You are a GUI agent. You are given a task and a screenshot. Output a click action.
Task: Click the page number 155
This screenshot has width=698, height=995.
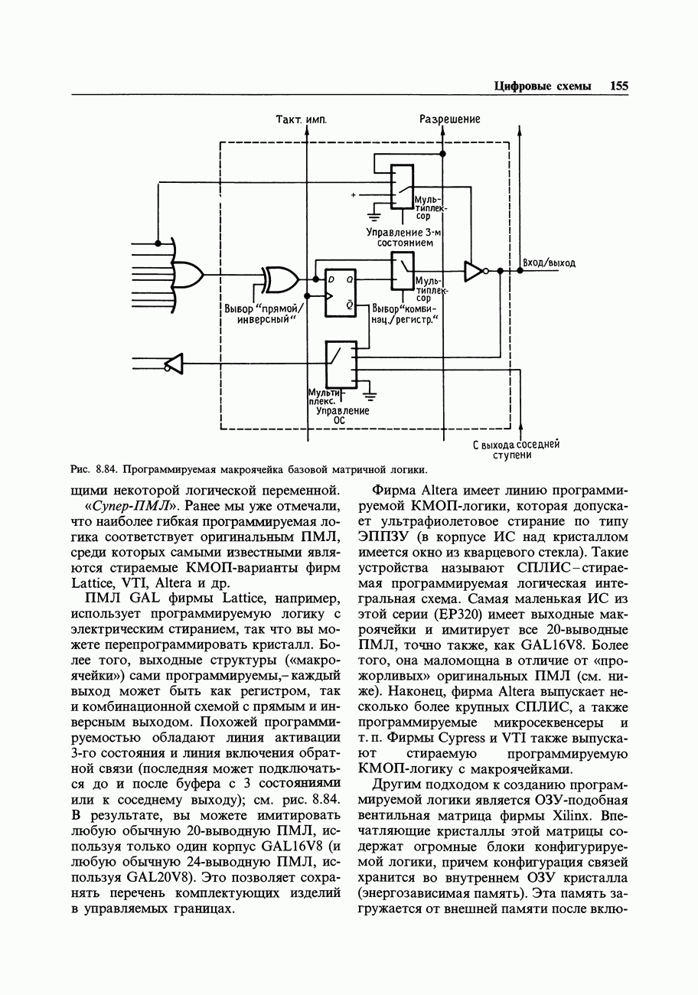pyautogui.click(x=618, y=86)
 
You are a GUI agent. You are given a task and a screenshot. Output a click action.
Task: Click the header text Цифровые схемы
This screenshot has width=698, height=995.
pyautogui.click(x=543, y=86)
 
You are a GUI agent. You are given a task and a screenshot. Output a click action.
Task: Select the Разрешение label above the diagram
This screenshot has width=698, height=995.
pyautogui.click(x=449, y=119)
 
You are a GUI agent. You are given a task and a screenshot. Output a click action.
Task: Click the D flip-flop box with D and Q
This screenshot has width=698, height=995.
pyautogui.click(x=340, y=292)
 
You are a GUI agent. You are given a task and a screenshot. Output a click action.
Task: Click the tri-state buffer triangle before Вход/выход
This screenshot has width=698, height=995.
pyautogui.click(x=475, y=270)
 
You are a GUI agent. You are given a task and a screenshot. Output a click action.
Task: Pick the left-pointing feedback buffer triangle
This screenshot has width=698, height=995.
pyautogui.click(x=174, y=364)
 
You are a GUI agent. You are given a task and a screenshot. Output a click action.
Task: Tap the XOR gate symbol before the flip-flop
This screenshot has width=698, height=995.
pyautogui.click(x=281, y=279)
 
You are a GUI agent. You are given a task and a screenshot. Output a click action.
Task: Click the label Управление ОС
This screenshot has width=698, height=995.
pyautogui.click(x=343, y=415)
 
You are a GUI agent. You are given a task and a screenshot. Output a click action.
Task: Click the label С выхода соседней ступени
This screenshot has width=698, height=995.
pyautogui.click(x=517, y=449)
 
